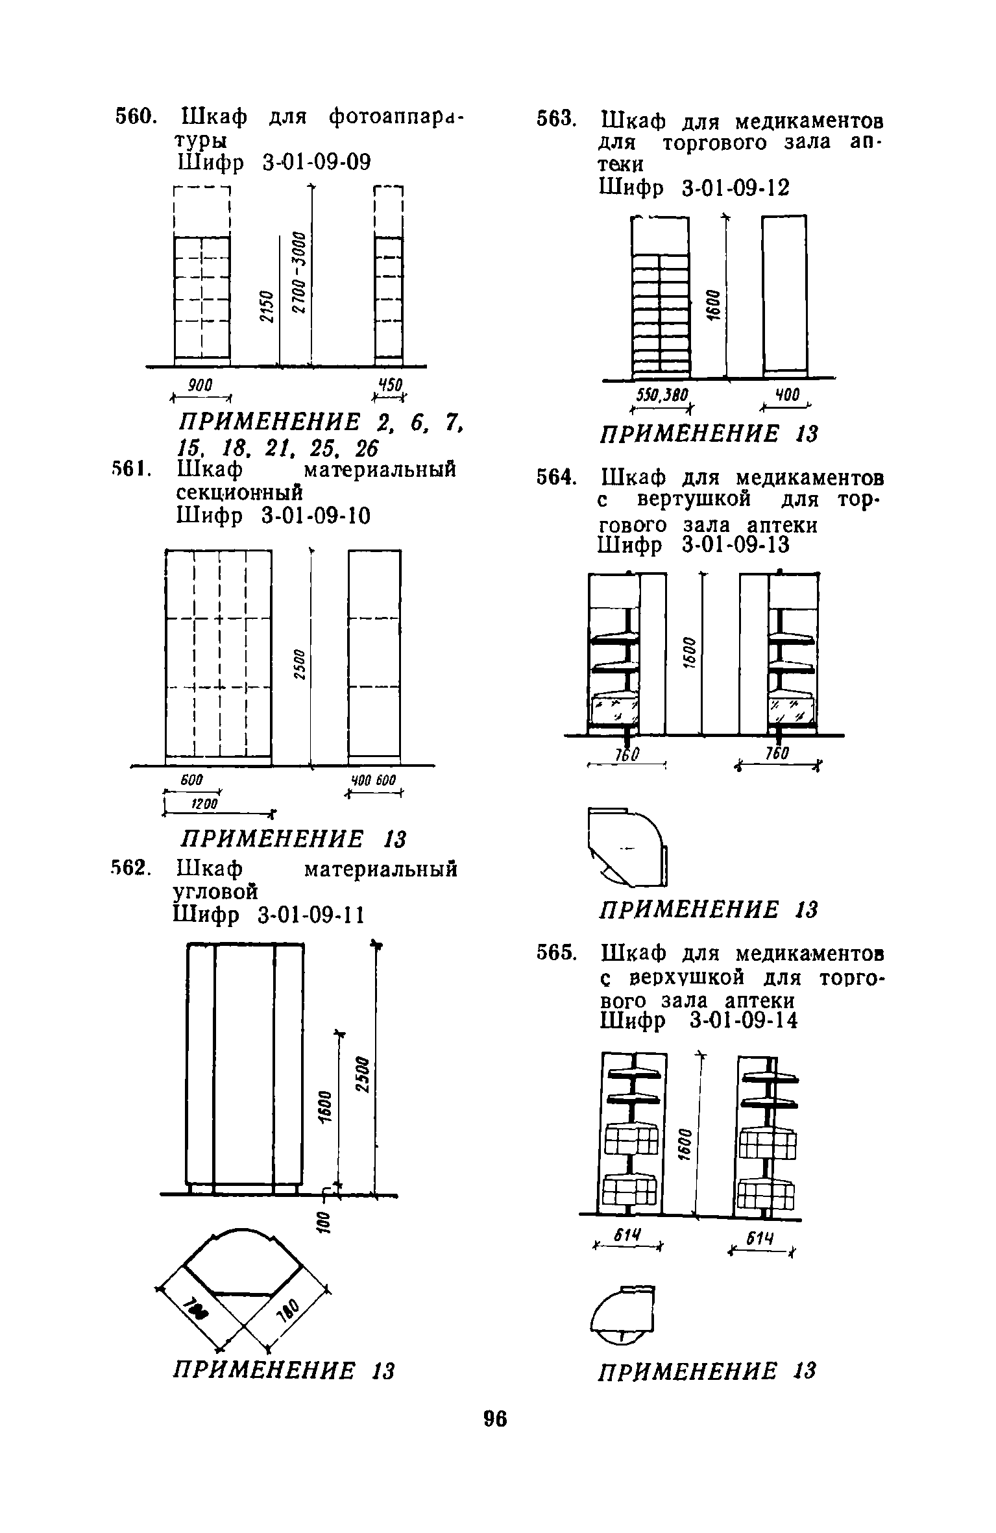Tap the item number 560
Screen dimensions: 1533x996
click(x=135, y=117)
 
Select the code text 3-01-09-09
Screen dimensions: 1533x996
click(x=317, y=162)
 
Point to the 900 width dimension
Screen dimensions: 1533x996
click(x=200, y=385)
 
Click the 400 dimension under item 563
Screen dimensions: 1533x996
click(x=786, y=396)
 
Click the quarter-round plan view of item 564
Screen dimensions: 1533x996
click(x=628, y=847)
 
